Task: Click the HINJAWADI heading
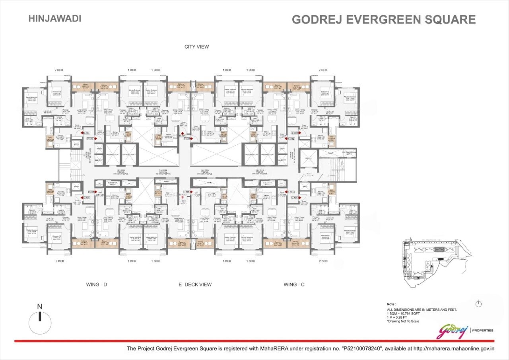pos(55,18)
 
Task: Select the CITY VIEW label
pos(196,47)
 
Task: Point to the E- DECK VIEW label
pos(195,284)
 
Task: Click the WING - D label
pos(97,284)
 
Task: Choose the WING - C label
pos(294,284)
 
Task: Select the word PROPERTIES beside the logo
pos(483,330)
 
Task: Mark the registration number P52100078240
pos(361,348)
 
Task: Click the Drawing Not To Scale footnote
pos(403,321)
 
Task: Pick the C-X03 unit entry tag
pos(295,133)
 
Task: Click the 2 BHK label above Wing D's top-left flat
pos(59,70)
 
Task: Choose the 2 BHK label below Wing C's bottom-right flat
pos(323,261)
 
